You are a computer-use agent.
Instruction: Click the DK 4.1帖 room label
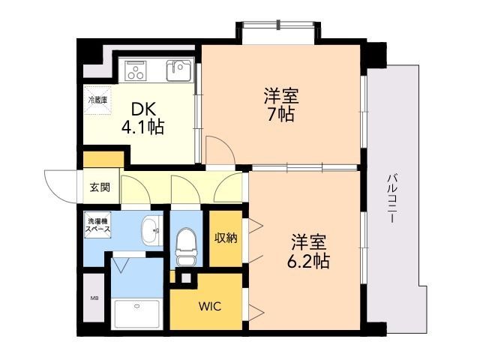(x=143, y=118)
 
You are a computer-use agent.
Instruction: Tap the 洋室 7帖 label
(x=281, y=105)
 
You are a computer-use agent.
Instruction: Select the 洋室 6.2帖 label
(x=308, y=251)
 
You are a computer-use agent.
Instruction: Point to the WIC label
(x=210, y=306)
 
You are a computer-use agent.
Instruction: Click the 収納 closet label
(x=226, y=238)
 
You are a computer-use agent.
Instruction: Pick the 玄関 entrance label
(x=100, y=187)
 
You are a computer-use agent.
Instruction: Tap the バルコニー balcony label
(x=392, y=198)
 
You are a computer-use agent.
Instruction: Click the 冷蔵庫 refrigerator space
(x=97, y=100)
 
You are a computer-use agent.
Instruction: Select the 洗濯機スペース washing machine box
(x=97, y=225)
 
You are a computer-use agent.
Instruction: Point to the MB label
(x=94, y=298)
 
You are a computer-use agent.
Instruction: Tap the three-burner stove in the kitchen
(x=135, y=71)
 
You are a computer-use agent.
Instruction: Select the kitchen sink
(x=178, y=70)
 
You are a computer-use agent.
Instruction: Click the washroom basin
(x=151, y=230)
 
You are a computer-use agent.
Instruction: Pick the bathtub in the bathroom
(x=136, y=314)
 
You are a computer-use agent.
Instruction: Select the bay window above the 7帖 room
(x=278, y=25)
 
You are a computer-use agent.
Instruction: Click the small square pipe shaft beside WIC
(x=186, y=278)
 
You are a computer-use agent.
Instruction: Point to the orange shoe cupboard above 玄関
(x=103, y=159)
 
